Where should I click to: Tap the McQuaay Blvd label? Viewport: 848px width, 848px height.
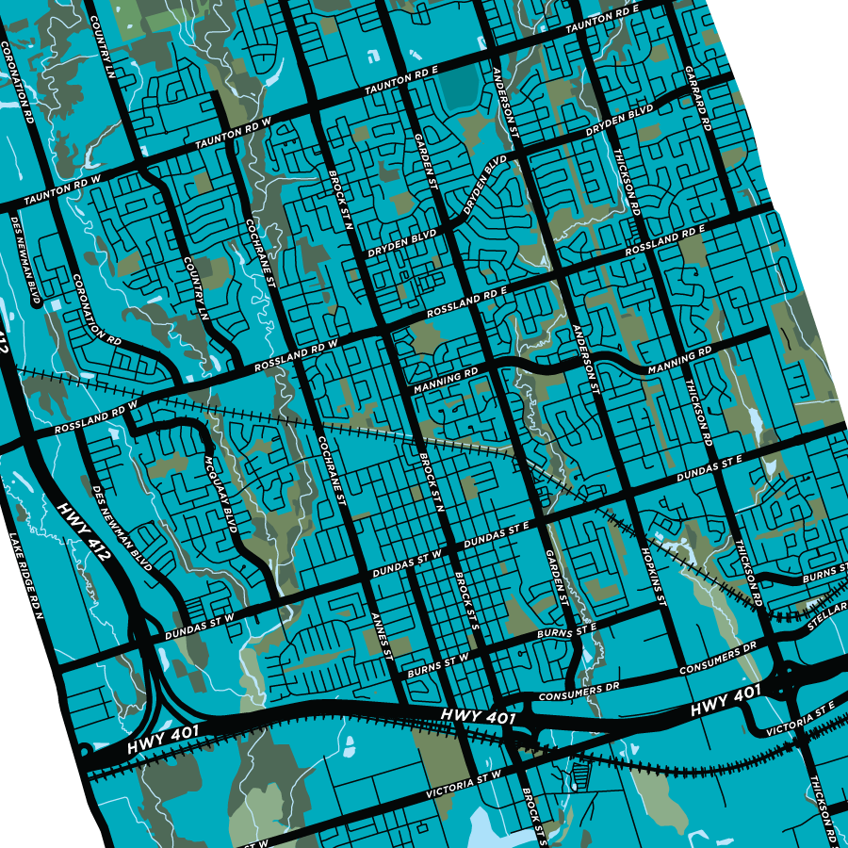point(218,497)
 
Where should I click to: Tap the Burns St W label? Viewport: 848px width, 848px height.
point(437,666)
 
